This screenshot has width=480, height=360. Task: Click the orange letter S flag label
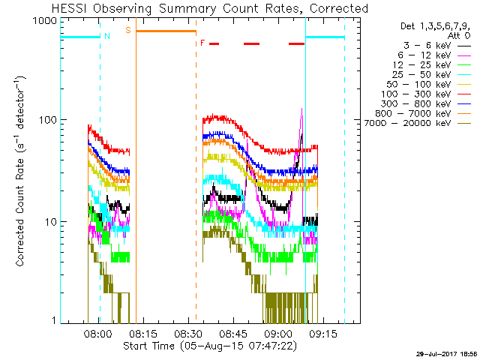point(128,31)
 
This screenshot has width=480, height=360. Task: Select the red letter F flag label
point(202,43)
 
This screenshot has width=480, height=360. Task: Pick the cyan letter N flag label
point(107,36)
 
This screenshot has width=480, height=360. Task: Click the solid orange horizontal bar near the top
point(166,31)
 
